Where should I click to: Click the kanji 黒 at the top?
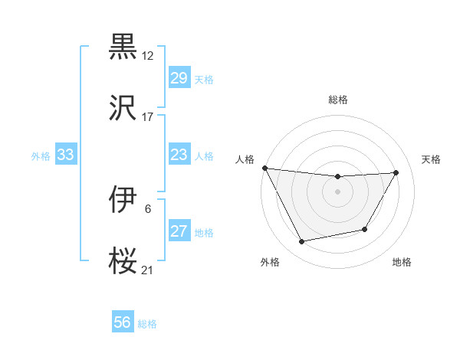(x=123, y=47)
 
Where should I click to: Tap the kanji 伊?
(x=123, y=200)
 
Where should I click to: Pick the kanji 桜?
(x=123, y=260)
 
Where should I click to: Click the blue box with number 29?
(x=179, y=78)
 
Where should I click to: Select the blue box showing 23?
(x=179, y=155)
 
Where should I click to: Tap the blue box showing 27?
(x=179, y=231)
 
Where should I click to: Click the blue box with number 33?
(x=66, y=155)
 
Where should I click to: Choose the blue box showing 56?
(x=123, y=322)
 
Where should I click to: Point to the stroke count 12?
(x=148, y=56)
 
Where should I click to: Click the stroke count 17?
(x=148, y=117)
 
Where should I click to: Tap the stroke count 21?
(x=148, y=270)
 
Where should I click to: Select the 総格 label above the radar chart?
(x=338, y=100)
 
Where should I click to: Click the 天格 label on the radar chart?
(x=432, y=159)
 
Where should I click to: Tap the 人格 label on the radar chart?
(x=245, y=159)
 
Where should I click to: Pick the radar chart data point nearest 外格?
(x=302, y=242)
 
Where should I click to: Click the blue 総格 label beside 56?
(x=147, y=323)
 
